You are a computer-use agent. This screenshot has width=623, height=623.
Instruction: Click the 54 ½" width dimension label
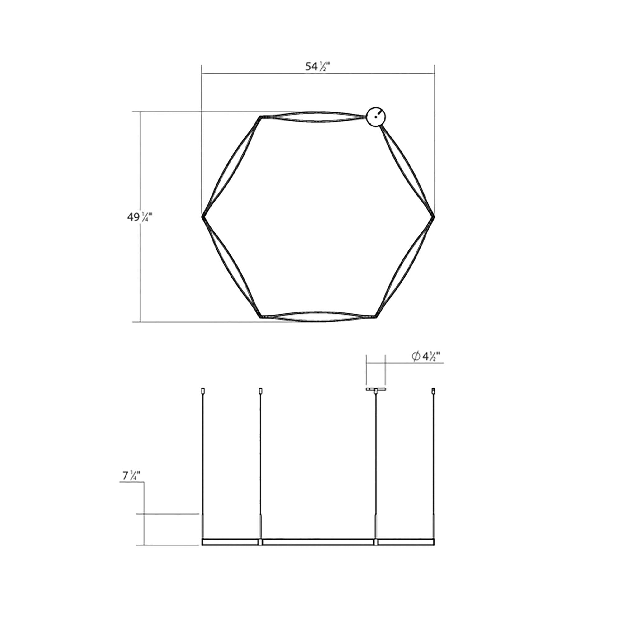pyautogui.click(x=319, y=66)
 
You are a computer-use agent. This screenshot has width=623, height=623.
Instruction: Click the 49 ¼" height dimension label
pyautogui.click(x=139, y=217)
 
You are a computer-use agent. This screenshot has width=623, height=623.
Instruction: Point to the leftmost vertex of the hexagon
pyautogui.click(x=202, y=217)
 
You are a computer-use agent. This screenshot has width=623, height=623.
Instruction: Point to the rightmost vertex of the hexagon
pyautogui.click(x=434, y=217)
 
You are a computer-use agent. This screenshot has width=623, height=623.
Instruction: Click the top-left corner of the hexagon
pyautogui.click(x=260, y=117)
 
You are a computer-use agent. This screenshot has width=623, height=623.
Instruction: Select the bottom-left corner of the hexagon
pyautogui.click(x=260, y=317)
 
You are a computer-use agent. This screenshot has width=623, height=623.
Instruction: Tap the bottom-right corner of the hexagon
pyautogui.click(x=376, y=317)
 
